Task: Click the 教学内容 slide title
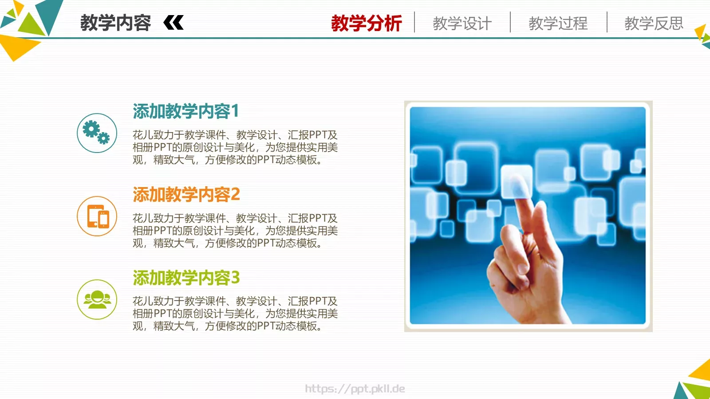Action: pos(115,23)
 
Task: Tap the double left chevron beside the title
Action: pos(174,23)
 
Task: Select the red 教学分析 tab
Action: pos(366,23)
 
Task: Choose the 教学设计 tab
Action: pos(462,23)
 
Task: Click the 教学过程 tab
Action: pos(558,23)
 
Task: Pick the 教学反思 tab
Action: pos(654,23)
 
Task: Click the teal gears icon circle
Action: pos(97,133)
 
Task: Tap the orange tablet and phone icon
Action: pos(97,216)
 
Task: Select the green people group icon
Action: pos(97,299)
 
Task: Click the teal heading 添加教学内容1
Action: pos(186,111)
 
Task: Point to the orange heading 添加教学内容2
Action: pos(186,194)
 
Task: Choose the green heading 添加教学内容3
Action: pos(186,278)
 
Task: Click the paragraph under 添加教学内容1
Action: pos(235,147)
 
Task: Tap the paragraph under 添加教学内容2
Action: pos(235,231)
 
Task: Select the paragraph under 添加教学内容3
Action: pos(235,313)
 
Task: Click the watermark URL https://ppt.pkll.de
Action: pos(355,389)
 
